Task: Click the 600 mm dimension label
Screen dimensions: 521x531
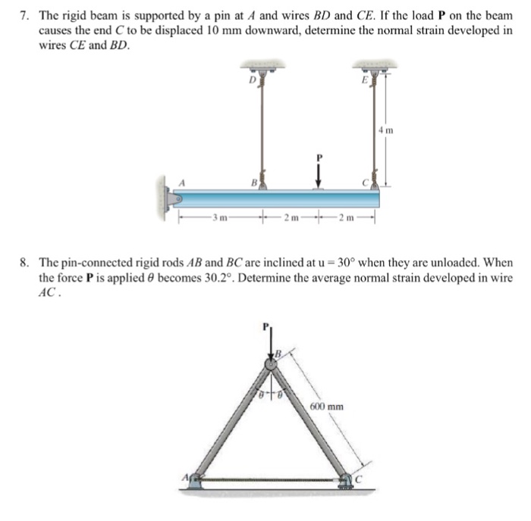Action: (x=327, y=407)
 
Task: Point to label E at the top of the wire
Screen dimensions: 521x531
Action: (x=363, y=78)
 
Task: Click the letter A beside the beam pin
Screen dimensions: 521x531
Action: (x=182, y=182)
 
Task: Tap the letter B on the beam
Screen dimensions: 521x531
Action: (x=253, y=181)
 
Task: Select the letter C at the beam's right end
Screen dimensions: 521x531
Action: (x=365, y=181)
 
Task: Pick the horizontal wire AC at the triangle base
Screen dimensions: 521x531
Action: (x=271, y=479)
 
